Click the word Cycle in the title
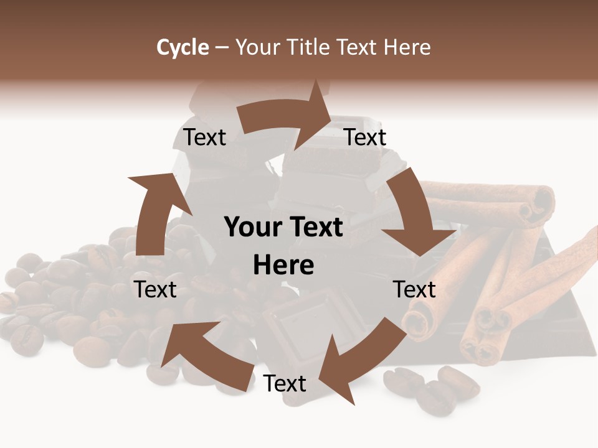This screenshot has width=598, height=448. click(183, 47)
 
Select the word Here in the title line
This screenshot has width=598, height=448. click(407, 47)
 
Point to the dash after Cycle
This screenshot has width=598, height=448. click(221, 47)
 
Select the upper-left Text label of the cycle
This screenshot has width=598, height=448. click(204, 138)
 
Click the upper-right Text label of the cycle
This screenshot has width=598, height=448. click(366, 138)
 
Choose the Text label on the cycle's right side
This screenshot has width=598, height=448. click(414, 289)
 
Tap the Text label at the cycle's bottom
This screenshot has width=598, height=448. click(285, 384)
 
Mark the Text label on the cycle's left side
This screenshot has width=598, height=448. click(156, 289)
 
